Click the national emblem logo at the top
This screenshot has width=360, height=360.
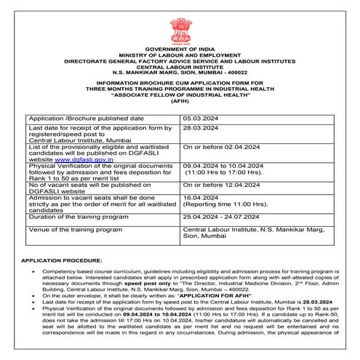180,15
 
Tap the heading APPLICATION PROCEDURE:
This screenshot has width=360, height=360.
62,259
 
